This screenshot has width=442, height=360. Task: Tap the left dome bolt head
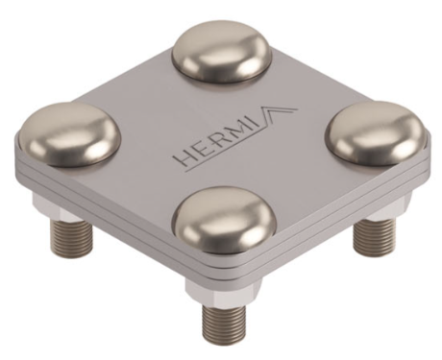pos(69,134)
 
